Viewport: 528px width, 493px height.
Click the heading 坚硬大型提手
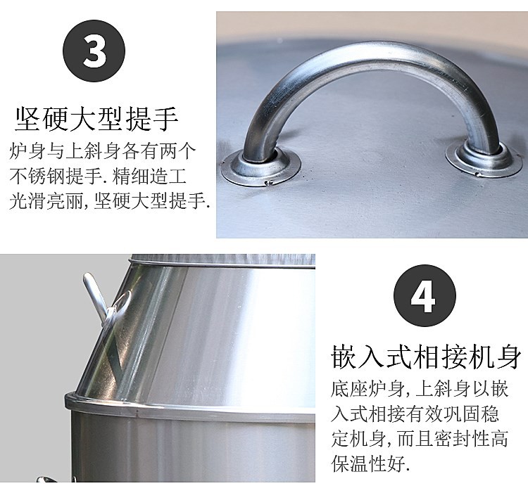[x=96, y=120]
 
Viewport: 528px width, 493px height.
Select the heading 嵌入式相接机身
[x=426, y=357]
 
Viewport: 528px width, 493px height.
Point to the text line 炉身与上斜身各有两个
[x=103, y=151]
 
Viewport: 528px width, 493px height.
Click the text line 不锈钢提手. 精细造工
[x=103, y=177]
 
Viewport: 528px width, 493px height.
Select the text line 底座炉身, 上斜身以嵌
[x=419, y=389]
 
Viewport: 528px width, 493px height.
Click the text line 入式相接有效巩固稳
[x=419, y=414]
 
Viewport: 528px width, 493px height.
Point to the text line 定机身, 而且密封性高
[x=419, y=440]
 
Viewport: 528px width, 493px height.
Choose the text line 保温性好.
[x=370, y=465]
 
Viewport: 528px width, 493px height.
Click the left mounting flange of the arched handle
[x=260, y=167]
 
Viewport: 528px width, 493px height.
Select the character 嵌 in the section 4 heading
[x=342, y=357]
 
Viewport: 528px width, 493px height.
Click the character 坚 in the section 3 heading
[x=27, y=120]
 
